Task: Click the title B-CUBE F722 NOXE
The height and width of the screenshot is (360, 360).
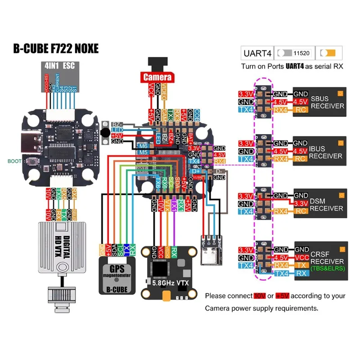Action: tap(56, 48)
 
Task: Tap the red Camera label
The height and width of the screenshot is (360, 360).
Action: tap(157, 76)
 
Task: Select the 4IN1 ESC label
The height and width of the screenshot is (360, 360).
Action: tap(59, 65)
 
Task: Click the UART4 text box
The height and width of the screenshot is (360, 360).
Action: tap(257, 53)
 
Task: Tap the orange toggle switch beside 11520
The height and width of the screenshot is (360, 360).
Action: tap(328, 53)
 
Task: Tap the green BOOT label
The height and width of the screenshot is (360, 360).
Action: tap(14, 161)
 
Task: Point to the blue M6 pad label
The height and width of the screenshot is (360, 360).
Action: tap(143, 146)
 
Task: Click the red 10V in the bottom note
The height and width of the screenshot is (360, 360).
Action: tap(259, 296)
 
